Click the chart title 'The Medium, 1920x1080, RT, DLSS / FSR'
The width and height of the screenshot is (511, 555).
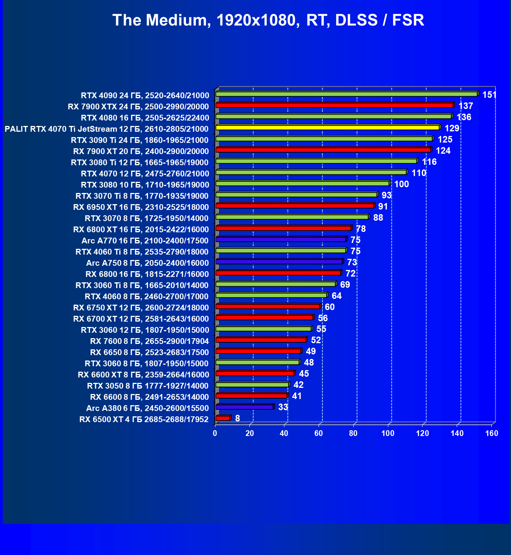pos(268,20)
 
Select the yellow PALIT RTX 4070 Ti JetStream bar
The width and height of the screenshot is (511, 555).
pos(327,127)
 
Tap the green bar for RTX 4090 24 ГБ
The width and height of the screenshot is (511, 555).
pos(346,94)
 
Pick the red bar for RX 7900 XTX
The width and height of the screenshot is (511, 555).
pos(334,105)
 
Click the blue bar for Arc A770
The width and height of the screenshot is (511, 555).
pos(281,240)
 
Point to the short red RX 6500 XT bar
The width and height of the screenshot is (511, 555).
pos(223,418)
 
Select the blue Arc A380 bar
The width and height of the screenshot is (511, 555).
pos(244,407)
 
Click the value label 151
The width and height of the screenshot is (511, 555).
pos(489,95)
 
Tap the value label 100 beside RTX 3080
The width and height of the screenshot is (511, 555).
pos(401,184)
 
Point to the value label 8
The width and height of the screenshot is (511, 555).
pos(237,418)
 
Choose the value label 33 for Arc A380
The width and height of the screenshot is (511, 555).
pos(283,407)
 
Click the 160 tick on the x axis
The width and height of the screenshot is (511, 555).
pos(492,433)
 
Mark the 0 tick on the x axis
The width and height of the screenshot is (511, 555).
pos(215,433)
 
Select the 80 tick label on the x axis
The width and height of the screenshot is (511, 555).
pos(353,433)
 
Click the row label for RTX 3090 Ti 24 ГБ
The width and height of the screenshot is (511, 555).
pos(140,140)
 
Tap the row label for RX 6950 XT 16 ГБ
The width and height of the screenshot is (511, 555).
pos(141,207)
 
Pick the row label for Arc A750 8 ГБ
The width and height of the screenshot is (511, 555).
pos(147,263)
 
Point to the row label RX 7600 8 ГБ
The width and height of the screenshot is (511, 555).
pos(149,341)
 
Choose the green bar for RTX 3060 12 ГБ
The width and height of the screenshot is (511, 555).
pos(264,329)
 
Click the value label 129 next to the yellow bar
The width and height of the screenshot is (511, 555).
pos(452,128)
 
